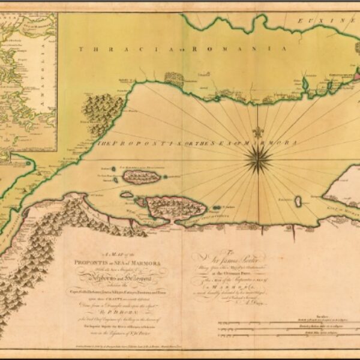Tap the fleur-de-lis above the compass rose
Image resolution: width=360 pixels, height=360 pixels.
click(x=257, y=131)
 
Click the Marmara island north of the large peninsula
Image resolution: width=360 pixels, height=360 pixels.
click(x=142, y=176)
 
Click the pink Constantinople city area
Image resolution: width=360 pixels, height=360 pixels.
click(x=353, y=76)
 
